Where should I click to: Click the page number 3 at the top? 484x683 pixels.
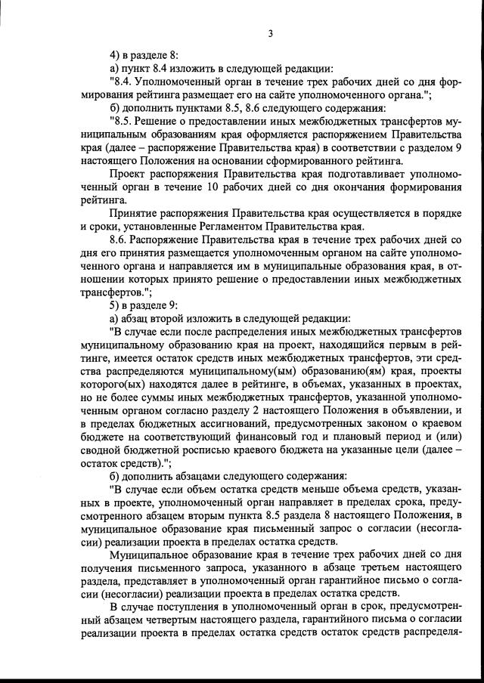pos(270,32)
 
